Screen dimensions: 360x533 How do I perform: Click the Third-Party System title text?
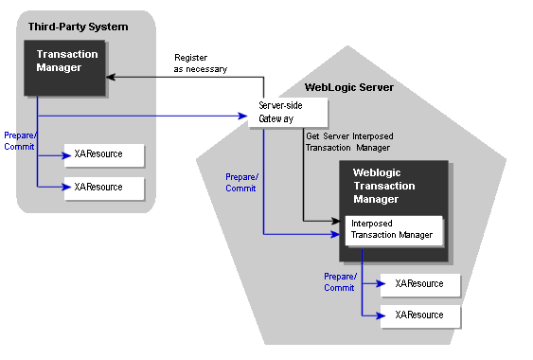(x=78, y=26)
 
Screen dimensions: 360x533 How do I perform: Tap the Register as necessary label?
(x=200, y=63)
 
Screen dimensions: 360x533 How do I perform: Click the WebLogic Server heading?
(x=349, y=87)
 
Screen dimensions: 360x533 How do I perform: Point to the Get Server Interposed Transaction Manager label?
(x=349, y=141)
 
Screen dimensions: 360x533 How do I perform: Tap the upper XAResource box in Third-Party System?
(x=103, y=154)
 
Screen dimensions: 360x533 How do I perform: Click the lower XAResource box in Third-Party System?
(x=103, y=187)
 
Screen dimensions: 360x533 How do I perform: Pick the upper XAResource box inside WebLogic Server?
(x=419, y=283)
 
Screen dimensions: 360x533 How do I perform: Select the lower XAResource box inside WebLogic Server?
(x=419, y=315)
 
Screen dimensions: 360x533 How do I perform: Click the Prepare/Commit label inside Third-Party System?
(x=19, y=141)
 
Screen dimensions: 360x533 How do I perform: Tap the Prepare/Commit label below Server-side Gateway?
(x=240, y=182)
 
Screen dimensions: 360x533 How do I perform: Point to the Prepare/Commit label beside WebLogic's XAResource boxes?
(x=339, y=281)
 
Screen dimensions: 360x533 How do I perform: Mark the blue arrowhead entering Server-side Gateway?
(x=244, y=116)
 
